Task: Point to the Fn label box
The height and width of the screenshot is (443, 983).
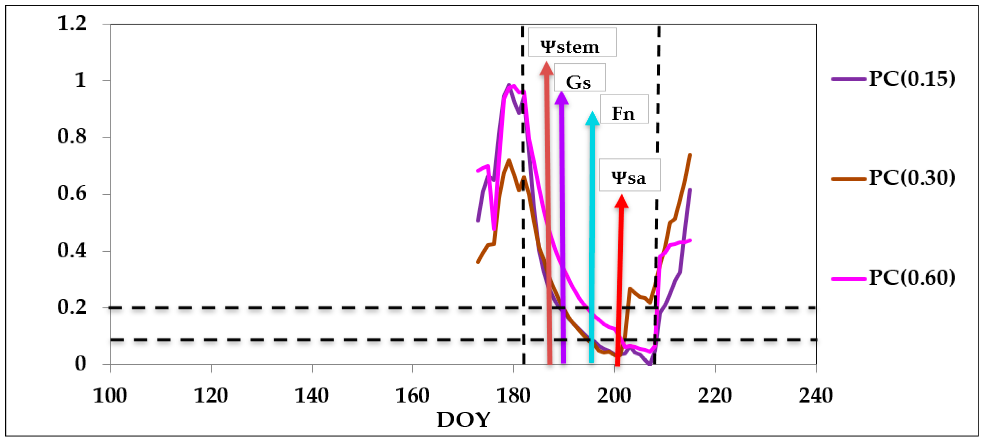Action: click(x=624, y=109)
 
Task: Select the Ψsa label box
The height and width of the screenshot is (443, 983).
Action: click(x=629, y=175)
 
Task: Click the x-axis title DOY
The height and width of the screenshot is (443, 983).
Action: click(x=463, y=420)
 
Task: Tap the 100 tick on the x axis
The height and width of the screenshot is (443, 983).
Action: click(x=110, y=396)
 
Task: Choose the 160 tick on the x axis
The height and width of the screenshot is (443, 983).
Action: click(x=412, y=396)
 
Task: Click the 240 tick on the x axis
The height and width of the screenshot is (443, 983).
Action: click(x=815, y=396)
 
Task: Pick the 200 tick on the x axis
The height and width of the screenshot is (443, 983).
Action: click(x=614, y=396)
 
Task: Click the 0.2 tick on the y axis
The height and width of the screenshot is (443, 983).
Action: click(x=72, y=307)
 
